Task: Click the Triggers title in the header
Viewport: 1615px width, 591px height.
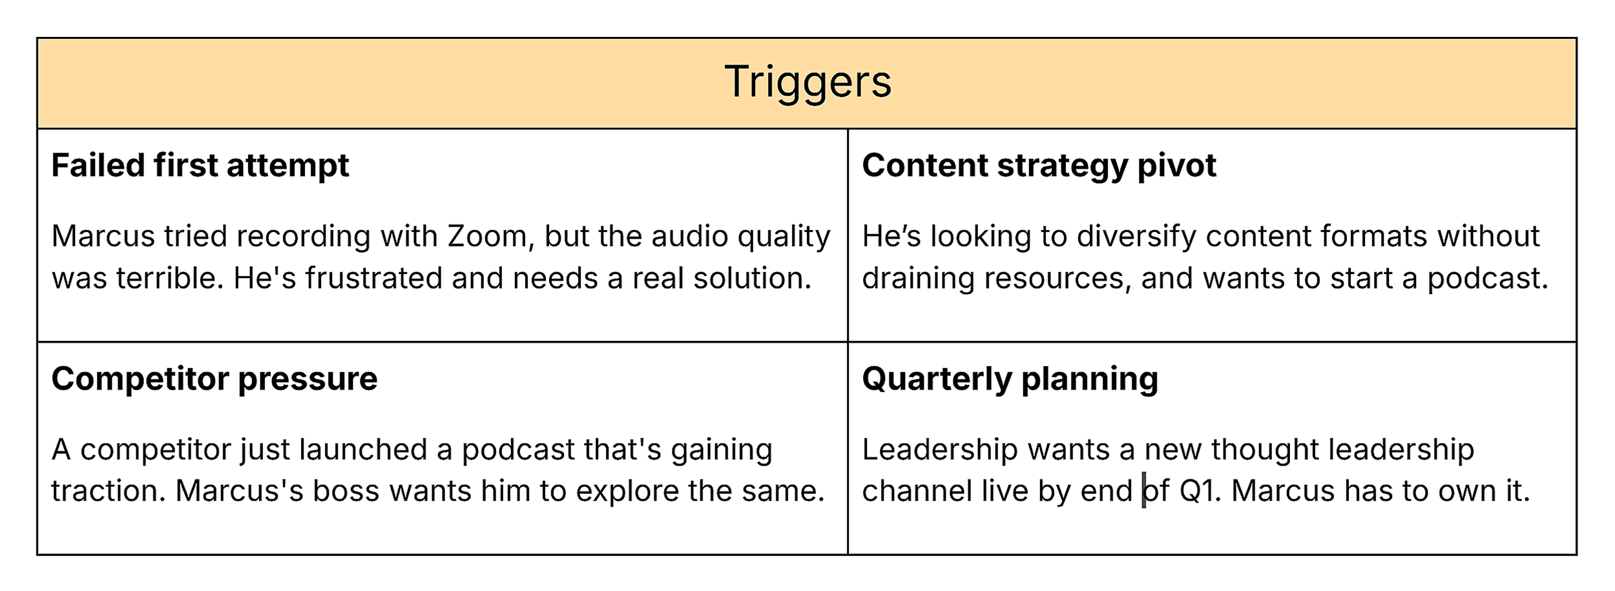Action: coord(807,82)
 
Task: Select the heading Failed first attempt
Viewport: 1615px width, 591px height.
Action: coord(200,166)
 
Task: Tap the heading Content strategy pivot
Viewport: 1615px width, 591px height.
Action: coord(1039,166)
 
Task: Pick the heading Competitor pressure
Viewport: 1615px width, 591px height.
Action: coord(214,379)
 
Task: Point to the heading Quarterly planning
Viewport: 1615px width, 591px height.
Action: coord(1010,379)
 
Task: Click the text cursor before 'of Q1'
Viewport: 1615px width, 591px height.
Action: coord(1144,491)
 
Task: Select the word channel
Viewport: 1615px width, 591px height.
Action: coord(917,491)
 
